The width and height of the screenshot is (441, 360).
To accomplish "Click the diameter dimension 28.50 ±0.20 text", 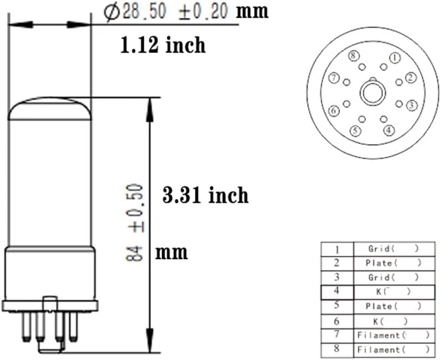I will click(x=166, y=12).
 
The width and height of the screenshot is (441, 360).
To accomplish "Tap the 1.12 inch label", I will click(x=163, y=46).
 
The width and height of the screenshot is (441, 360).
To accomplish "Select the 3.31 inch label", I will click(x=205, y=195).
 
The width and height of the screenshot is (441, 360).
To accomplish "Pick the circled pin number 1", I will click(x=394, y=58).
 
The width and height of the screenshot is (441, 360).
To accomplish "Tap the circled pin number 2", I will click(x=411, y=78).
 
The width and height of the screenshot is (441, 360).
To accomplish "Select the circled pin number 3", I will click(x=412, y=105).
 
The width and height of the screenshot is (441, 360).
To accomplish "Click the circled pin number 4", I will click(x=389, y=129).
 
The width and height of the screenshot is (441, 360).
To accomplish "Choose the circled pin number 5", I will click(x=355, y=130).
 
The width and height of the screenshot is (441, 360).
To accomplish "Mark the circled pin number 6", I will click(x=334, y=111).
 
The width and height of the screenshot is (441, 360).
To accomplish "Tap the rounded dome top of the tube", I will click(x=50, y=108).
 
